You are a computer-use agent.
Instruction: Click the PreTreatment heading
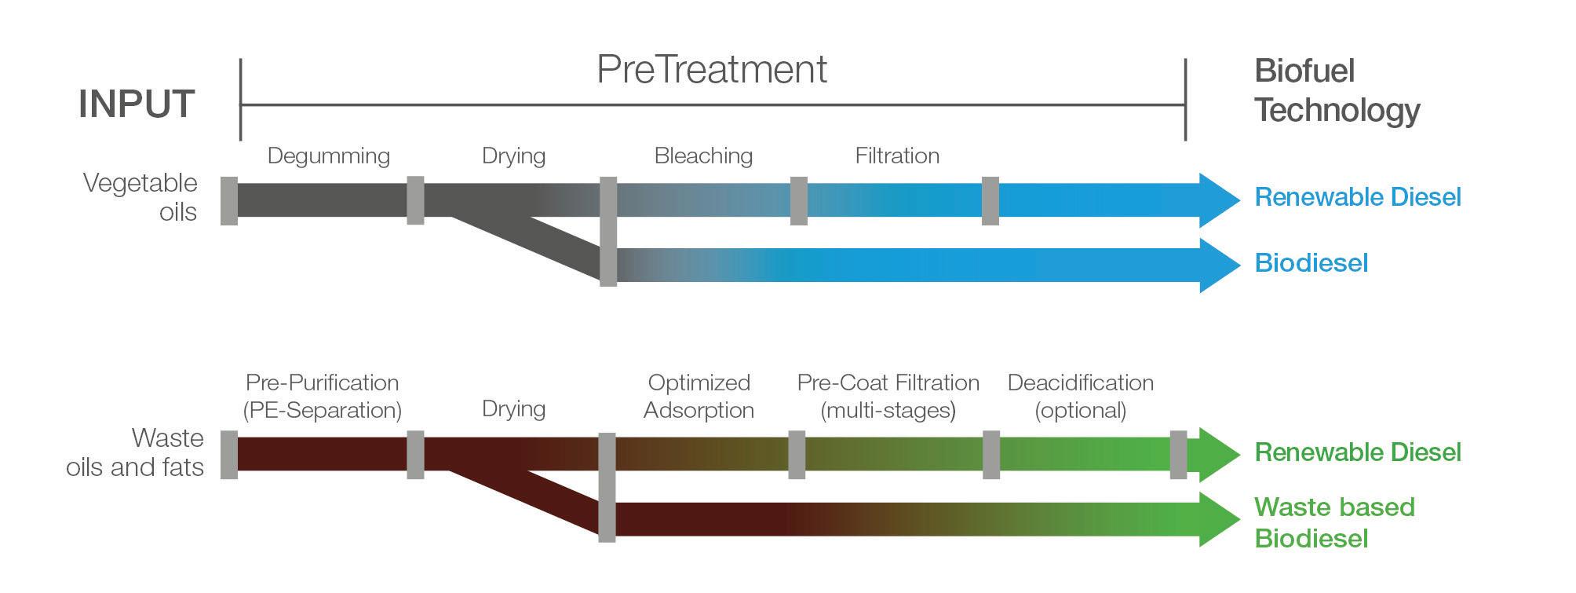point(711,70)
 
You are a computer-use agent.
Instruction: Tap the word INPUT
point(137,104)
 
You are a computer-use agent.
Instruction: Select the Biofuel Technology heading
point(1336,90)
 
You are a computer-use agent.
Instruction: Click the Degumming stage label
point(328,156)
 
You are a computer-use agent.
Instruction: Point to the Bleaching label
point(703,156)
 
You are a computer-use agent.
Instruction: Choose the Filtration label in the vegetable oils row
point(897,156)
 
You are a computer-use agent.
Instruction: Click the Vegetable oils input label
point(141,197)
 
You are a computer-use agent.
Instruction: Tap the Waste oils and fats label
point(136,452)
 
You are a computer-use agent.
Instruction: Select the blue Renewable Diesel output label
point(1358,197)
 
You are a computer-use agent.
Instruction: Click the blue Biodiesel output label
point(1311,263)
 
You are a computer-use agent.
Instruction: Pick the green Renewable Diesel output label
point(1358,452)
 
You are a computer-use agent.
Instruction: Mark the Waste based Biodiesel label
point(1334,522)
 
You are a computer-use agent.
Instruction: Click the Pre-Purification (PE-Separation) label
point(322,396)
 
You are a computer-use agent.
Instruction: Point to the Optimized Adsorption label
point(699,396)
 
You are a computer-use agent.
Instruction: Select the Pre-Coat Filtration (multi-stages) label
point(888,396)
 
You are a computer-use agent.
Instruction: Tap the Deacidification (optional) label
point(1080,396)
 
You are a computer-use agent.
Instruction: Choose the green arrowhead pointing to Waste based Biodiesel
point(1217,519)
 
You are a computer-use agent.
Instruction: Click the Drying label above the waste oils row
point(513,408)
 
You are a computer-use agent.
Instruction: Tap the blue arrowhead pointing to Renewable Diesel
point(1217,200)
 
